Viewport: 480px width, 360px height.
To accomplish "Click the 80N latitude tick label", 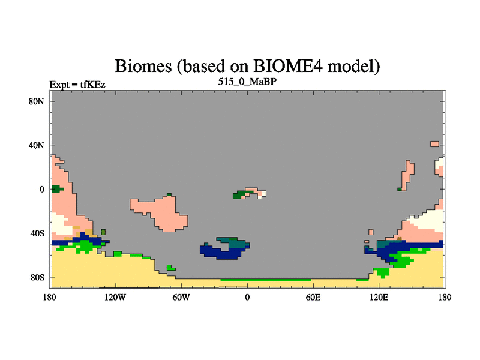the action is pos(37,101).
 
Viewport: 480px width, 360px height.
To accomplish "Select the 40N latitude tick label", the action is pos(37,145).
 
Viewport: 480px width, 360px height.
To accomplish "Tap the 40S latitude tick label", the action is pos(37,233).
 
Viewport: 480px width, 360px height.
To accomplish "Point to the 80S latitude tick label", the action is pos(37,277).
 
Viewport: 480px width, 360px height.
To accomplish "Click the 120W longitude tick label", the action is pos(115,297).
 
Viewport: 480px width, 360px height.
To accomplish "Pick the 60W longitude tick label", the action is pos(181,297).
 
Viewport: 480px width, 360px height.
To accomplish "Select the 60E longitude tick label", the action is pos(313,297).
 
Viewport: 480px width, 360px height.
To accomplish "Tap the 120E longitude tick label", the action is pos(379,297).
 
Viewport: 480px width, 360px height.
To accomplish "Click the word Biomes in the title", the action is pos(143,66).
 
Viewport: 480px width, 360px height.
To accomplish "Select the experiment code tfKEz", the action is pos(93,85).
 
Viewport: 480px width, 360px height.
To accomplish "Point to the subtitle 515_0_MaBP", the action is pos(247,82).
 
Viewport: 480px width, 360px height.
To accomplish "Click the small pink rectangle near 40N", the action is pos(434,144).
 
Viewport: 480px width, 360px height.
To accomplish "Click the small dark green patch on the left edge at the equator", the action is pos(56,189).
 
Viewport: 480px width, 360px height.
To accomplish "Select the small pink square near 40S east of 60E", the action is pos(371,232).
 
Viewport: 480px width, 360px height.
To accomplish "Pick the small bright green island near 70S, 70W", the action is pos(170,268).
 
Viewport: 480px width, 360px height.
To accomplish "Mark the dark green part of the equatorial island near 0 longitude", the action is pos(239,194).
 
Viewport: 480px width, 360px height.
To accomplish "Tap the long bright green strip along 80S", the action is pos(266,280).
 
